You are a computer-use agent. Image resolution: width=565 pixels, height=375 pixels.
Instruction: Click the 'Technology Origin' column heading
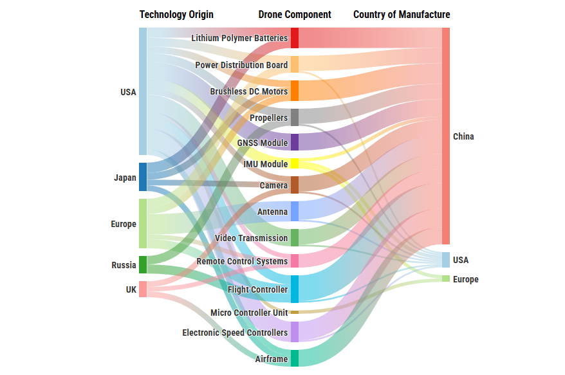point(176,14)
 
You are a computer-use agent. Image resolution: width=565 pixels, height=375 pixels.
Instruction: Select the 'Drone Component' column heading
point(295,14)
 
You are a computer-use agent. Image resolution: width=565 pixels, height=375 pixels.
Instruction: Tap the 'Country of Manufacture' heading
point(402,14)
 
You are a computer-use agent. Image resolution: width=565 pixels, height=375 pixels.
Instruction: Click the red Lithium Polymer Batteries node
point(295,38)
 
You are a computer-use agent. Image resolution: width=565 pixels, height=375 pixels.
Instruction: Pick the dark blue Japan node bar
point(143,177)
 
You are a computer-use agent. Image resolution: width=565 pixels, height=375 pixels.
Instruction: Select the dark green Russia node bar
point(143,265)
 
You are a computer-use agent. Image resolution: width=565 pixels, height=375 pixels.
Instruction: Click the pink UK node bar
point(143,289)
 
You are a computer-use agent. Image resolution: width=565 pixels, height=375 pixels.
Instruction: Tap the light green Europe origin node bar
point(143,223)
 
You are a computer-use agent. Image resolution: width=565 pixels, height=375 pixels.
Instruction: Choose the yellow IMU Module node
point(295,163)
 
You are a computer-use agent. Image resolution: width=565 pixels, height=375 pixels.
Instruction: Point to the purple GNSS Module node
point(295,142)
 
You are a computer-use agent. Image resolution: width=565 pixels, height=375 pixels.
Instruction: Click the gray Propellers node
point(295,117)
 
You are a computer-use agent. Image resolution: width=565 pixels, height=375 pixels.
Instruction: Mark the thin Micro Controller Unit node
point(295,313)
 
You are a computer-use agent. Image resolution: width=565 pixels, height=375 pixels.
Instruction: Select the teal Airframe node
point(295,358)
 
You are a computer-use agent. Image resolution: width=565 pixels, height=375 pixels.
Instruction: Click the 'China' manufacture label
point(463,136)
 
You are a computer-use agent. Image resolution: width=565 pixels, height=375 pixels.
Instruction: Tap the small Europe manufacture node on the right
point(446,279)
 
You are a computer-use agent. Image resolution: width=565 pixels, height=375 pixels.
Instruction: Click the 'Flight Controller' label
point(257,289)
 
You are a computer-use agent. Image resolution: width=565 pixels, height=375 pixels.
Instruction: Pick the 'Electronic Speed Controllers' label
point(235,333)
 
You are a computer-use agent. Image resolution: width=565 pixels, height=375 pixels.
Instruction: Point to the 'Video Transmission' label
point(251,238)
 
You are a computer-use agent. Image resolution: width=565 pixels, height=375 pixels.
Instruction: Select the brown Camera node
point(295,185)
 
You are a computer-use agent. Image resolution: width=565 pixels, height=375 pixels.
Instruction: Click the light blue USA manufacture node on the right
point(446,260)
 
